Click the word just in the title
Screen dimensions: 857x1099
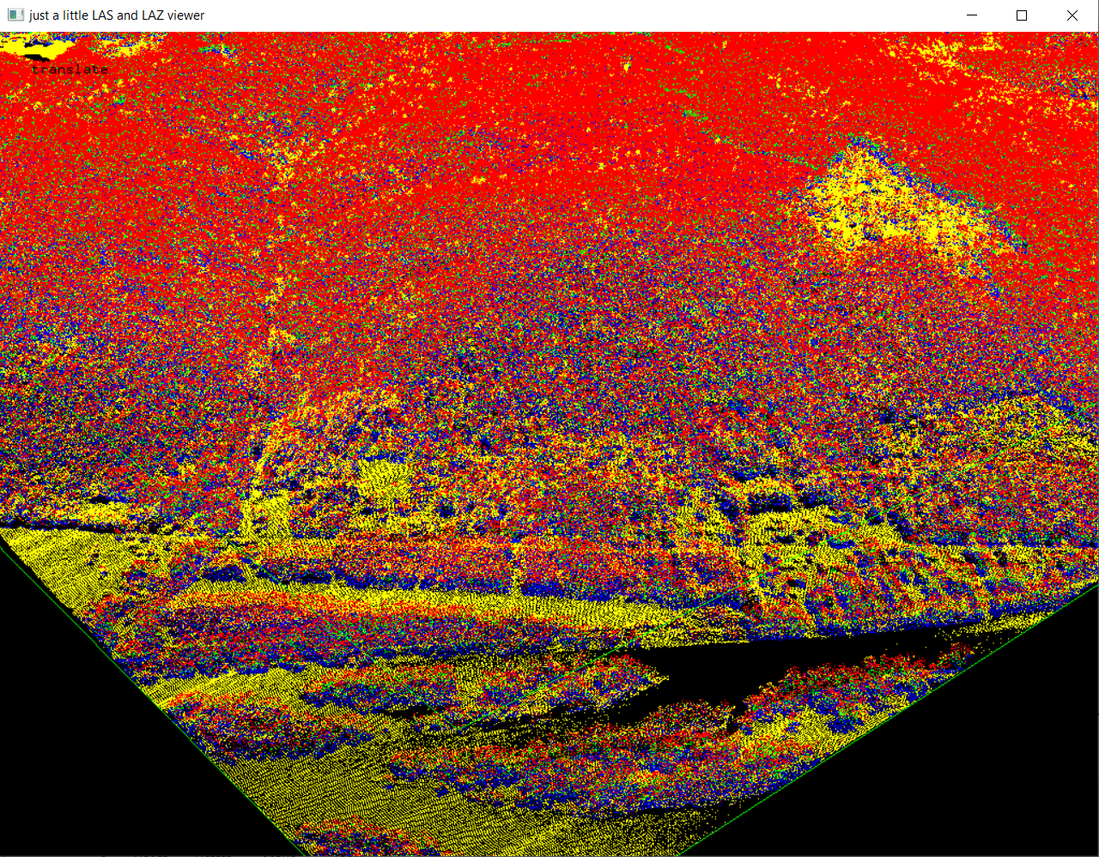coord(39,15)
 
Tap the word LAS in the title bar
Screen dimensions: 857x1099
coord(102,15)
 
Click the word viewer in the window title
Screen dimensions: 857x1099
coord(185,15)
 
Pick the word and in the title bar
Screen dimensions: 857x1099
coord(126,15)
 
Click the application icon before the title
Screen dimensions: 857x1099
coord(15,15)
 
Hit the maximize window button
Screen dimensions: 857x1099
coord(1022,15)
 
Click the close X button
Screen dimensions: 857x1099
coord(1072,15)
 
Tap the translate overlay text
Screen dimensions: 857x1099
coord(70,70)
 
